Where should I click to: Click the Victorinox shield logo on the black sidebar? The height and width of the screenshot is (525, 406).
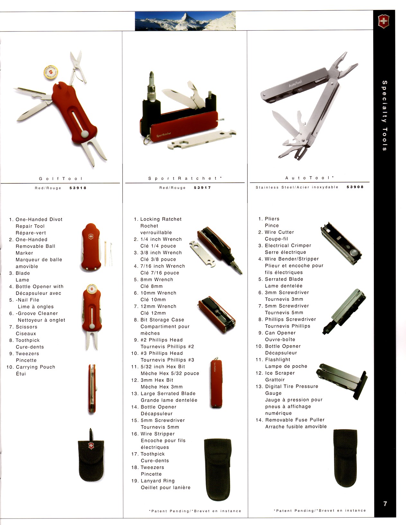click(383, 22)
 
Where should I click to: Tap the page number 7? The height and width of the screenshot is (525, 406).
click(385, 503)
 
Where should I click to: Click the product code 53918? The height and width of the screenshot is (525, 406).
click(78, 188)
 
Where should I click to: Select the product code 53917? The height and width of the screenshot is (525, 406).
click(203, 188)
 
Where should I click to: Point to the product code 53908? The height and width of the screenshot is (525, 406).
click(355, 187)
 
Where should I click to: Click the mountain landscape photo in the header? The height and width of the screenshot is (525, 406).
click(185, 21)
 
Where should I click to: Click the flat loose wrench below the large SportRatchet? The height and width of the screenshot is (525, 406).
click(202, 139)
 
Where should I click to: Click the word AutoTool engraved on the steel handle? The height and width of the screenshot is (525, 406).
click(295, 83)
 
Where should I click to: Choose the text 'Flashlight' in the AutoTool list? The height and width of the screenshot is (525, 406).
click(278, 360)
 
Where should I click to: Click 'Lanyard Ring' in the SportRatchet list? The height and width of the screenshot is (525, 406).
click(158, 481)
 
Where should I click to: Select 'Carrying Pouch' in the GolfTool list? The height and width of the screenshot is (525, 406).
click(35, 367)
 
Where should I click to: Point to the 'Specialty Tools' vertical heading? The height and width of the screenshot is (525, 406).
click(384, 115)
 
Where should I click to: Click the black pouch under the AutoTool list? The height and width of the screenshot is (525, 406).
click(345, 458)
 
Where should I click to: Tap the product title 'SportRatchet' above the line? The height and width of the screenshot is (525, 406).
click(185, 178)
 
